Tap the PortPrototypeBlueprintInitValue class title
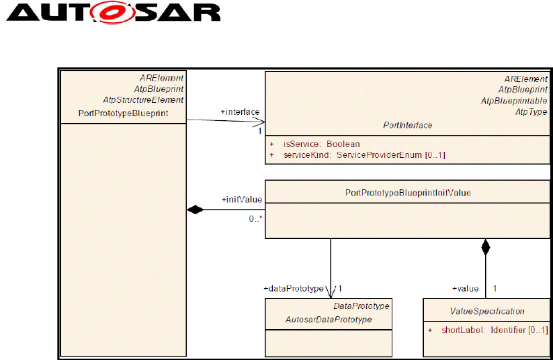(x=407, y=192)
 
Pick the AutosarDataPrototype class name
(x=329, y=319)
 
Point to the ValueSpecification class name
(x=487, y=311)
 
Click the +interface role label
(x=240, y=111)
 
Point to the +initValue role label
(x=241, y=199)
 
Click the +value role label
(x=464, y=288)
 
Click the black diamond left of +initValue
(x=195, y=210)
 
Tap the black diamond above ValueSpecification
(x=485, y=246)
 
